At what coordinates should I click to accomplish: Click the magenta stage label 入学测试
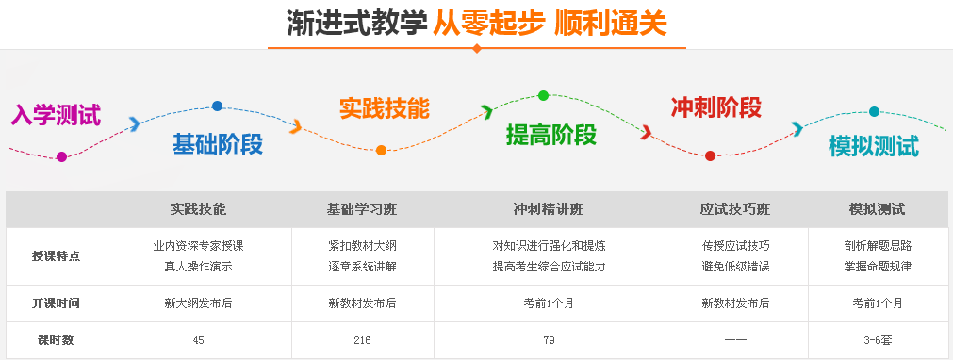(x=55, y=115)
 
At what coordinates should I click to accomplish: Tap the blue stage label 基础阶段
(x=217, y=144)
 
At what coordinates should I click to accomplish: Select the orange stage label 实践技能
(x=384, y=107)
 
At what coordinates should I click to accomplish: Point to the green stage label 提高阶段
(x=551, y=135)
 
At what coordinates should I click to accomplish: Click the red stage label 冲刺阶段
(x=715, y=107)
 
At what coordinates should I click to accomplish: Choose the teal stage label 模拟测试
(x=873, y=146)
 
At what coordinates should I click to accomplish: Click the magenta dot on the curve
(x=62, y=156)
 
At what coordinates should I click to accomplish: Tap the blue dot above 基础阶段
(x=218, y=106)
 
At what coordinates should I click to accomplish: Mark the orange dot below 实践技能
(x=381, y=150)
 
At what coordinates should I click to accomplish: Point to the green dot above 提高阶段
(x=543, y=95)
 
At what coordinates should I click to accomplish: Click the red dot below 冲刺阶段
(x=710, y=155)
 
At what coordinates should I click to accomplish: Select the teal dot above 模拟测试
(x=874, y=111)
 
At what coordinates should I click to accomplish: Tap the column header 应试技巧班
(x=735, y=209)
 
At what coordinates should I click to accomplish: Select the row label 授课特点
(x=56, y=255)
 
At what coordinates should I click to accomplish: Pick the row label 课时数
(x=56, y=340)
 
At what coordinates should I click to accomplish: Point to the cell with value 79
(x=549, y=340)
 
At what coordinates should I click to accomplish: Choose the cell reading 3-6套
(x=878, y=340)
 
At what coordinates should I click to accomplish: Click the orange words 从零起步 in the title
(x=488, y=24)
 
